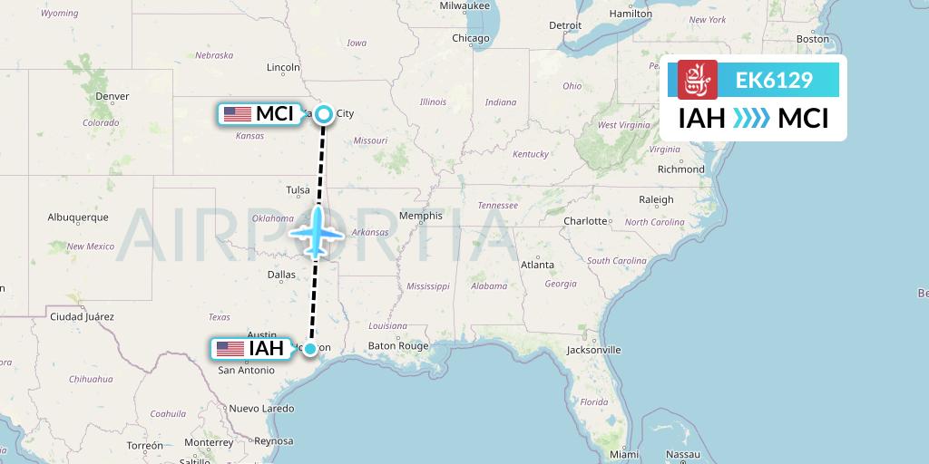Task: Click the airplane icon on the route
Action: (317, 232)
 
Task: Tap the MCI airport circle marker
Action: (324, 113)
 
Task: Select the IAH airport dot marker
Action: (310, 349)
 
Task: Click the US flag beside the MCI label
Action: (237, 114)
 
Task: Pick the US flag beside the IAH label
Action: (230, 349)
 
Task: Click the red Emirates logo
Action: (697, 80)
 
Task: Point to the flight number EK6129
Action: (774, 81)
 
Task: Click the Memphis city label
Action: (421, 216)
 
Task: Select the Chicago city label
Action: (471, 38)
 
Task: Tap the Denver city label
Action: (112, 96)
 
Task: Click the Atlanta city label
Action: (537, 265)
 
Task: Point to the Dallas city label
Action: (281, 274)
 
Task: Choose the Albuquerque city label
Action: (78, 217)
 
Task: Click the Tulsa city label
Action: (298, 190)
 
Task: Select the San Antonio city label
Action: (246, 370)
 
